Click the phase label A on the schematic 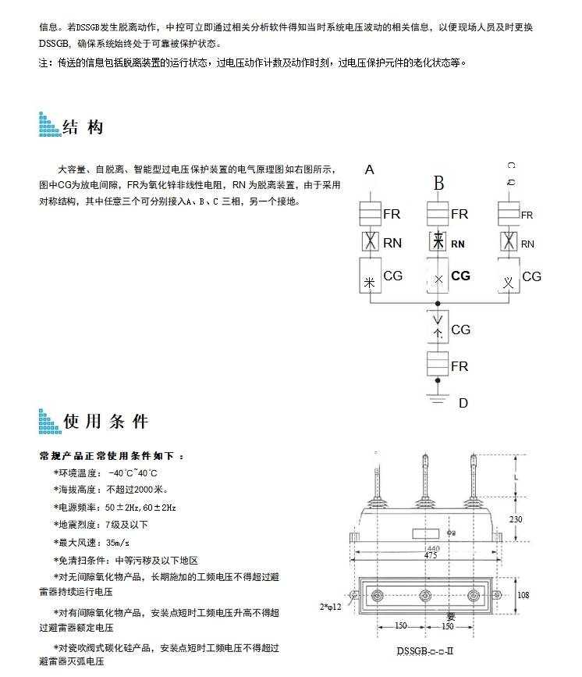370,169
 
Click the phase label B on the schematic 439,184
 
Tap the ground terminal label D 463,403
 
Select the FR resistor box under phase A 371,214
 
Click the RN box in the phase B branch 438,243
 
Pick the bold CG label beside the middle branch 461,276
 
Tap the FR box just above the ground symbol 438,365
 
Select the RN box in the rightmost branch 509,243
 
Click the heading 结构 82,126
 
